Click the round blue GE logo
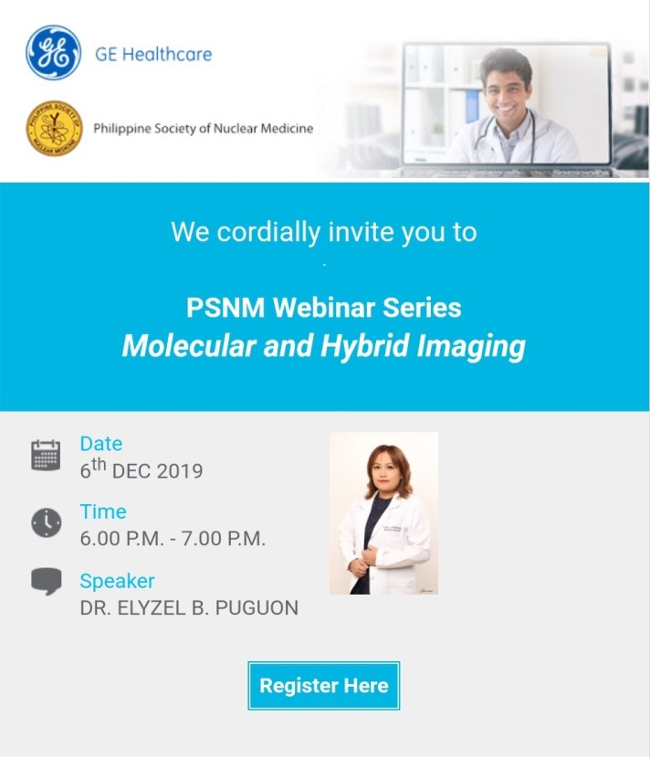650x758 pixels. (54, 53)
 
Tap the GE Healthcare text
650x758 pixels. (153, 54)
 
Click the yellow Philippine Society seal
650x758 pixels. (54, 129)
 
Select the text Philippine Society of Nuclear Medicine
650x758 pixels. (203, 129)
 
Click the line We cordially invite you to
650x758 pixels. (323, 232)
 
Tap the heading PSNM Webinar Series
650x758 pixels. (323, 307)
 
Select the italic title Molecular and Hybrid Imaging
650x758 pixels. (323, 346)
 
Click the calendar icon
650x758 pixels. (46, 455)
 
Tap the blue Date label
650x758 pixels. (100, 444)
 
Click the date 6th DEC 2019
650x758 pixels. (141, 471)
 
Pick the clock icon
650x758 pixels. (46, 522)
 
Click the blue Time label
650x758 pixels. (102, 512)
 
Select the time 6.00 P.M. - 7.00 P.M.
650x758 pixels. (173, 539)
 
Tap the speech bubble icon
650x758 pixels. (46, 582)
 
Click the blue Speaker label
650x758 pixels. (117, 581)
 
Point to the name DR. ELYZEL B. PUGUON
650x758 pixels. (189, 608)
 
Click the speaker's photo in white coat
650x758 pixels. (383, 513)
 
